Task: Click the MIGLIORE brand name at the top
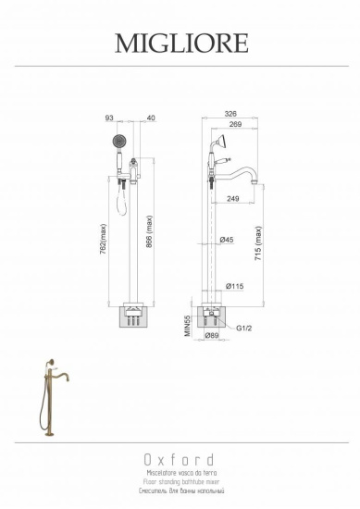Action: coord(180,43)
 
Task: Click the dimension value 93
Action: coord(108,118)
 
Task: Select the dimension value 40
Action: coord(149,118)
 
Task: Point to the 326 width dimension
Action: coord(230,114)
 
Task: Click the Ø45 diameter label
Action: coord(225,241)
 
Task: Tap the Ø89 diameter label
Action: coord(212,337)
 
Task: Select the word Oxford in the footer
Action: coord(180,459)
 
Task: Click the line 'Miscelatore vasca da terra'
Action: coord(180,472)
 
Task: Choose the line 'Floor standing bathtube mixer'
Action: coord(180,481)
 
